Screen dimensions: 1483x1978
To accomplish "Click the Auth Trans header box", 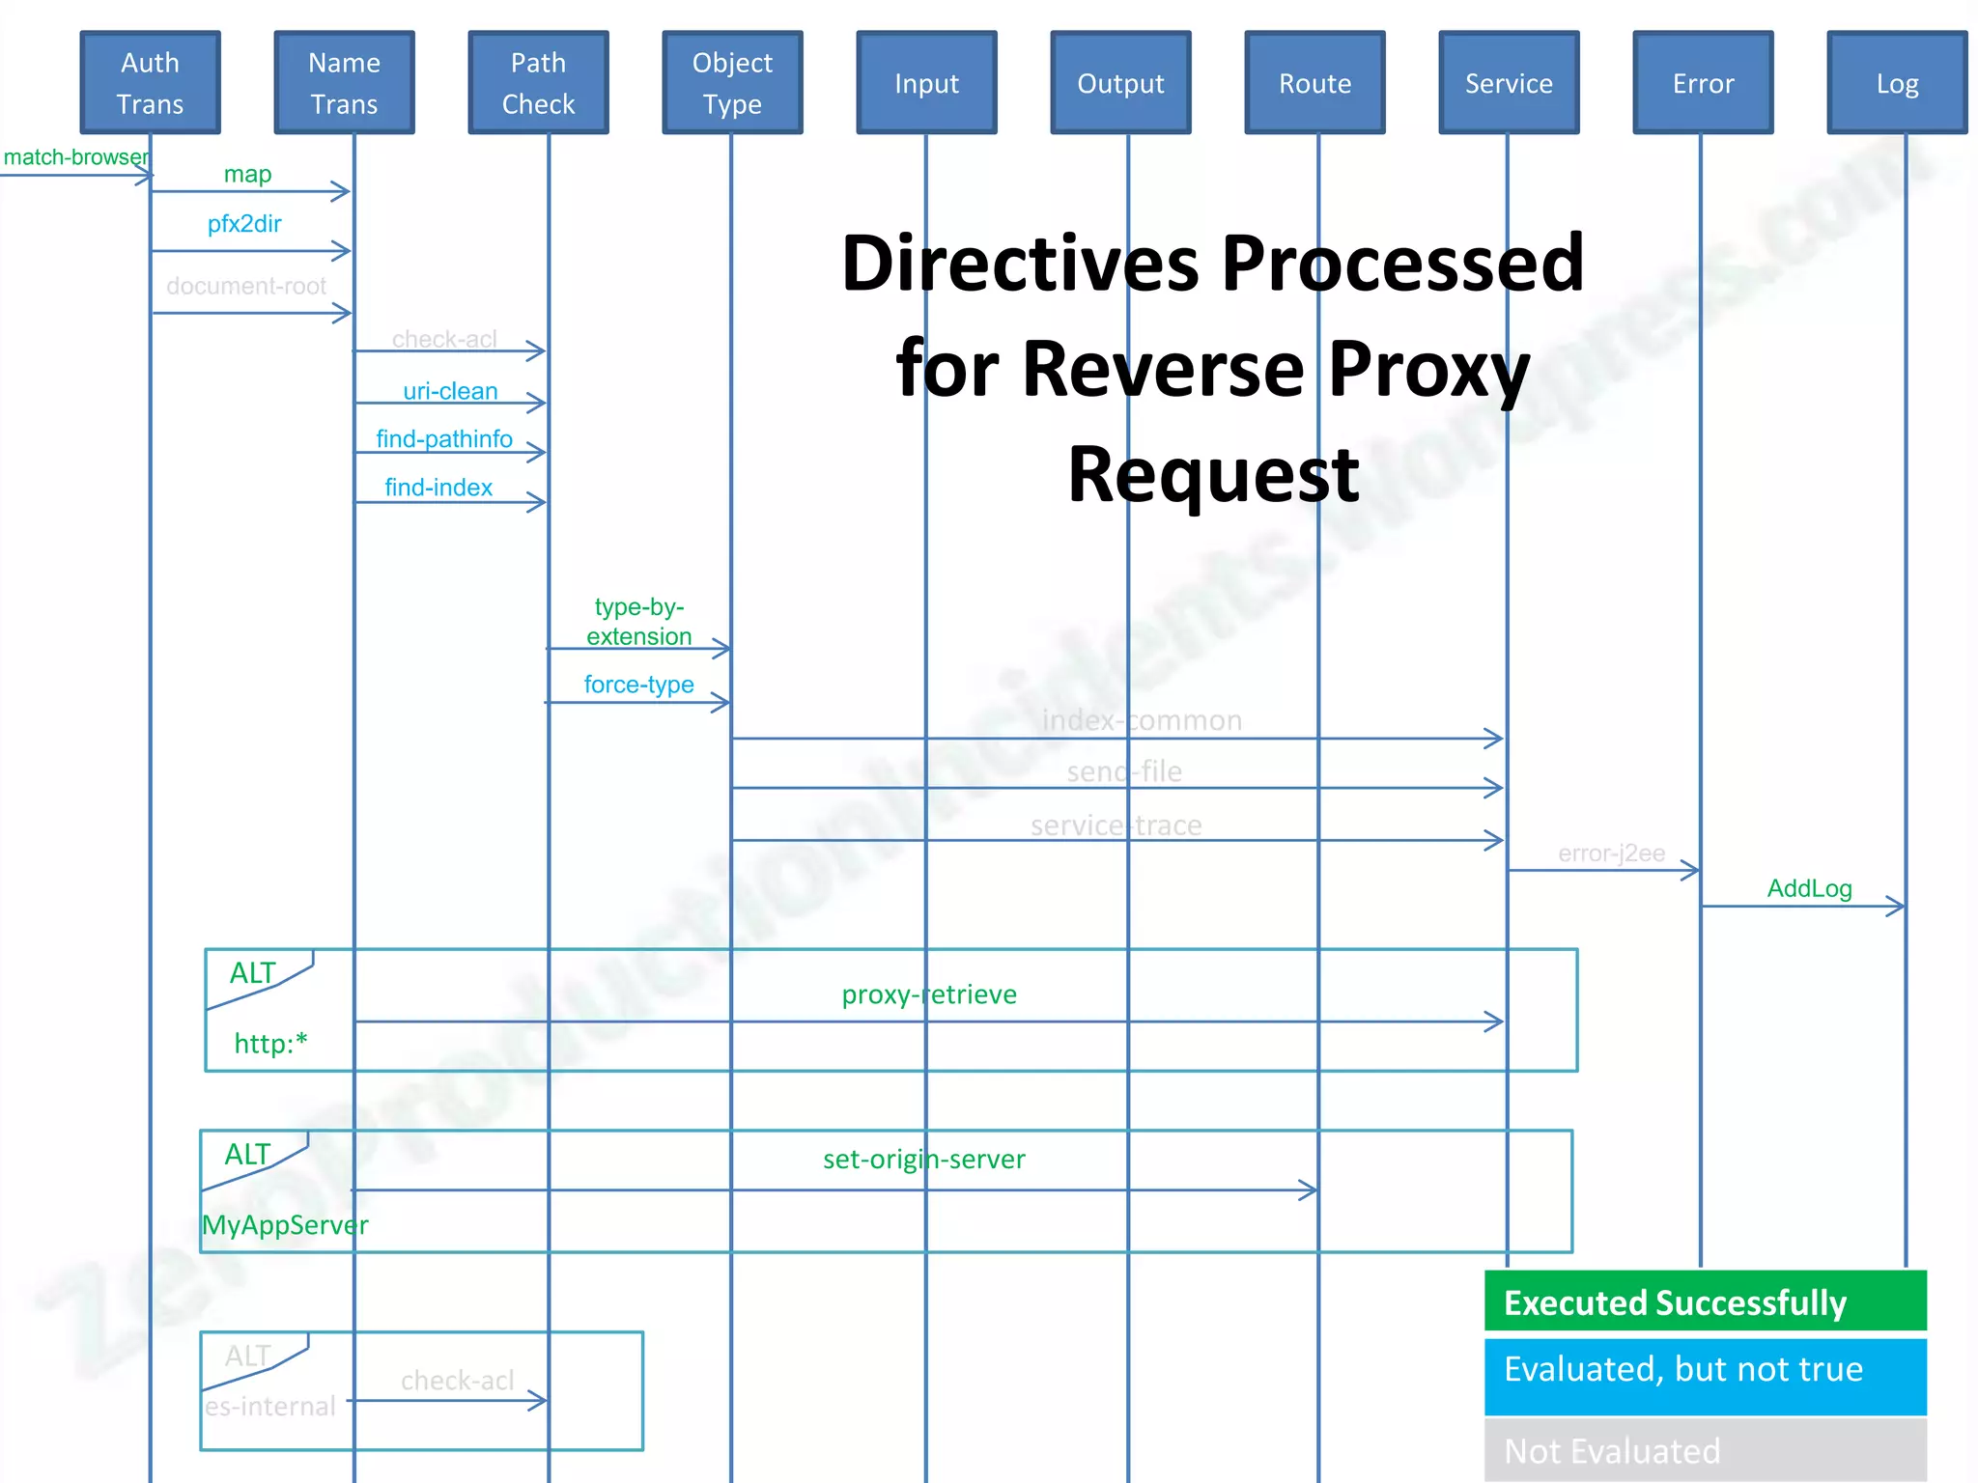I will [x=150, y=83].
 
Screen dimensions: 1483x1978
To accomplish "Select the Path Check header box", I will [x=538, y=83].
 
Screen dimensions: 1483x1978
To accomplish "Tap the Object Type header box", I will [x=732, y=83].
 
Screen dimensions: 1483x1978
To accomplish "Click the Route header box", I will [x=1314, y=83].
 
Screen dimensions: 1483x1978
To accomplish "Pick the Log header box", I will [x=1897, y=83].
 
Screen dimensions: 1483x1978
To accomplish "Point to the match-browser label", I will [x=75, y=157].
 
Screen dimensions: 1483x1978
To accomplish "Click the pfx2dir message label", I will [x=244, y=224].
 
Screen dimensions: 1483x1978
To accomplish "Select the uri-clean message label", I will [x=450, y=391].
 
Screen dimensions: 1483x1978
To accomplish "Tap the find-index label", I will [x=438, y=488].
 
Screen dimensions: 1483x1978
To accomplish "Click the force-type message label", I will [x=638, y=685].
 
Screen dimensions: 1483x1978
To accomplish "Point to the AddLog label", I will [x=1809, y=888].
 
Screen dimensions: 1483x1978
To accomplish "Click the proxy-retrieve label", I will [x=929, y=994].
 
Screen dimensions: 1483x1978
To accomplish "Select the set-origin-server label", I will [x=924, y=1159].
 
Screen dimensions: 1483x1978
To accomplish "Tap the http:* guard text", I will [x=270, y=1044].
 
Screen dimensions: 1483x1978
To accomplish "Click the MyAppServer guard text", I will [x=285, y=1225].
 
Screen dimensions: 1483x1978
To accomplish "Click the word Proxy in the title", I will [x=1427, y=370].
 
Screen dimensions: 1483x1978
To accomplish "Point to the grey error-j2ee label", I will [x=1611, y=853].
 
